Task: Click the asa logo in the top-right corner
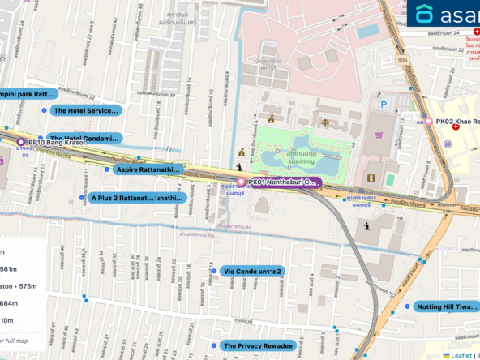point(446,14)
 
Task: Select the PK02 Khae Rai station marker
point(429,122)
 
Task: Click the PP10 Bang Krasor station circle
point(20,142)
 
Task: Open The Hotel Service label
point(85,110)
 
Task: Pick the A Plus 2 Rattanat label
point(137,197)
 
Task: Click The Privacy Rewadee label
point(257,345)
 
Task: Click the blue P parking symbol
point(396,104)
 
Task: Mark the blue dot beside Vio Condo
point(213,271)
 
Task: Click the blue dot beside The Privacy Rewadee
point(213,345)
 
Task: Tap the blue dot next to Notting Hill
point(408,307)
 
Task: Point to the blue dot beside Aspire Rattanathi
point(107,170)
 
